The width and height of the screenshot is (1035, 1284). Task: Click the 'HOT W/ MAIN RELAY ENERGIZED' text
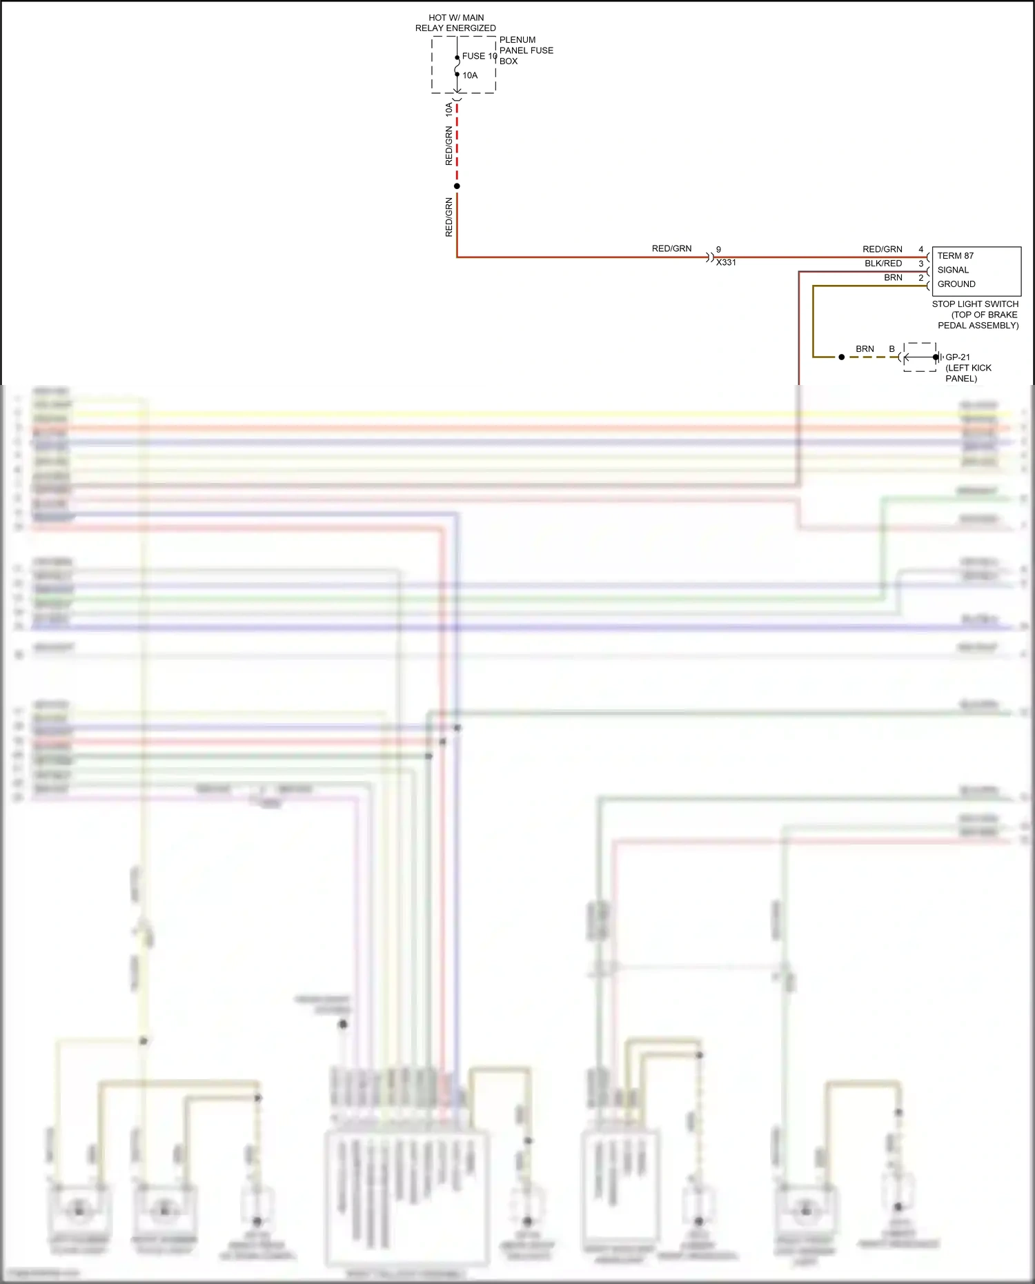pos(455,23)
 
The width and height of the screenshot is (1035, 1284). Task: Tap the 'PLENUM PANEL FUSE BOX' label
pos(526,50)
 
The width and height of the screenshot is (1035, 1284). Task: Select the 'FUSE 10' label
pos(479,56)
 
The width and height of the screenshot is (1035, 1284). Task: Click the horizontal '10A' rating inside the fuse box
pos(470,75)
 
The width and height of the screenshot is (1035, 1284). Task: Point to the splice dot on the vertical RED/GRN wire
pos(457,186)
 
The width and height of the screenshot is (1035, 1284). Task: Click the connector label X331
pos(726,263)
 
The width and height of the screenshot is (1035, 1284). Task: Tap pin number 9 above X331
pos(718,249)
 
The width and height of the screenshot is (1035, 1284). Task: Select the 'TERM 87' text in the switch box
pos(956,255)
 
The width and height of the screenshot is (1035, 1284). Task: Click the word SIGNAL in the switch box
pos(953,270)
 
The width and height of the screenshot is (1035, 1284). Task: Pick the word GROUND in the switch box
pos(956,284)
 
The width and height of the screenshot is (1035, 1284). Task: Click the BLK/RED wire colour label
pos(883,264)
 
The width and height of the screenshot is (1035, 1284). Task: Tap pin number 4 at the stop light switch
pos(920,249)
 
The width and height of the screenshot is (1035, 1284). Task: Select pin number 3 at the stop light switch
pos(920,264)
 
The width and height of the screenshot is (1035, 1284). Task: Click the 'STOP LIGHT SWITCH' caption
pos(975,304)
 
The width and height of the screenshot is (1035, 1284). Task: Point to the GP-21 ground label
pos(958,357)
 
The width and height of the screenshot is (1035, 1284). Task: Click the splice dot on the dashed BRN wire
pos(841,357)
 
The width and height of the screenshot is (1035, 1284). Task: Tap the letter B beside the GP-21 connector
pos(891,349)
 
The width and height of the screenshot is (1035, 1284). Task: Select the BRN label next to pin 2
pos(893,277)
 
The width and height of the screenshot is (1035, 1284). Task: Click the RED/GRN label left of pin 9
pos(671,248)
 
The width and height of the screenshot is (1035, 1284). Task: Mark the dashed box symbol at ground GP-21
pos(920,357)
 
